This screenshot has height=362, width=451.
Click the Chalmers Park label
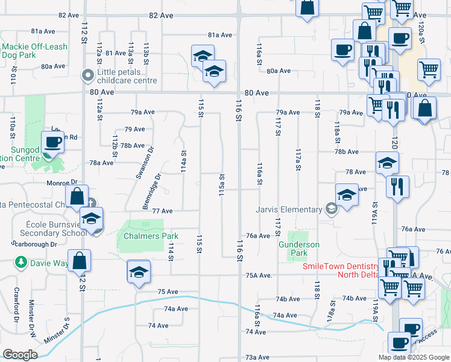(x=142, y=236)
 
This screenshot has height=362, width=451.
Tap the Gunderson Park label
(x=298, y=249)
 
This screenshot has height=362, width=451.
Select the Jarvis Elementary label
(x=288, y=209)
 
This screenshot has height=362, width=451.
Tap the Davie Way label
(x=46, y=262)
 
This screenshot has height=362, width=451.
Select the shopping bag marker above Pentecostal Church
(x=77, y=196)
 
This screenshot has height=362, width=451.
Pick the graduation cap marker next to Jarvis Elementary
(x=347, y=195)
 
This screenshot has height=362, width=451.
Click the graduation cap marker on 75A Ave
(x=139, y=271)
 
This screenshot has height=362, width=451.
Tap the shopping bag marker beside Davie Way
(x=80, y=261)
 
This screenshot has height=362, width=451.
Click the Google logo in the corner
(x=20, y=355)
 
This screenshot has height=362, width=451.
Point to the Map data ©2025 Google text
(x=414, y=357)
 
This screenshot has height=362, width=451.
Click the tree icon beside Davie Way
(x=21, y=262)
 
